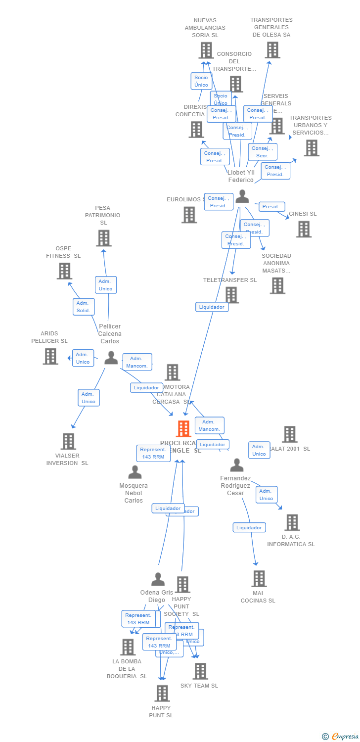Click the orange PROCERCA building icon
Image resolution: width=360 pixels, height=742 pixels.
183,429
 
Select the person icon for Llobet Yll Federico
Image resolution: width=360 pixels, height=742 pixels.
242,196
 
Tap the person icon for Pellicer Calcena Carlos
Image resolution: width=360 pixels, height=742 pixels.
111,358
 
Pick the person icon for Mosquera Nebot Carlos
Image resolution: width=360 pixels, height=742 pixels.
135,472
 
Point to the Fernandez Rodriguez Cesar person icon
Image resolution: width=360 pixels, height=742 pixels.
237,465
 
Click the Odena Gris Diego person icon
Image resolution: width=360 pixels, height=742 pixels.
158,579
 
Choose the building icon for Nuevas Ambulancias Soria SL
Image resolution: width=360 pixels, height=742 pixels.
206,50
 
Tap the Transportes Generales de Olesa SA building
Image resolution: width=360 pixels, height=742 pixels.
272,50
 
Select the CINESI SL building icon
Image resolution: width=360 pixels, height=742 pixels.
304,229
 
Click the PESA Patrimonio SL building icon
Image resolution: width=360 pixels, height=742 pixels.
103,238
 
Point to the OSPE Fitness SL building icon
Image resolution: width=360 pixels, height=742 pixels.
64,271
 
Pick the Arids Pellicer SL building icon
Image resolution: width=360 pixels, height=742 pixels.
50,356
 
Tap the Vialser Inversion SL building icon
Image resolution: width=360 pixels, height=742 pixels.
68,441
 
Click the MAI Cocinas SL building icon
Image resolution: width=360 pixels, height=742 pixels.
259,578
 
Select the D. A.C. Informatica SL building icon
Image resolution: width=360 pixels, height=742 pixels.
292,522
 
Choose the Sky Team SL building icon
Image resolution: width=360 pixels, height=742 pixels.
200,671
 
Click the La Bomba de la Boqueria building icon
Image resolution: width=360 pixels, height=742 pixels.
128,647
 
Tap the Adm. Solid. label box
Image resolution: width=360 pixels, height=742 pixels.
83,306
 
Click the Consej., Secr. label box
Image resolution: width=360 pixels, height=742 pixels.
262,152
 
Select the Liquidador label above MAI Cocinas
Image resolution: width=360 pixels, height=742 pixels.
249,527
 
